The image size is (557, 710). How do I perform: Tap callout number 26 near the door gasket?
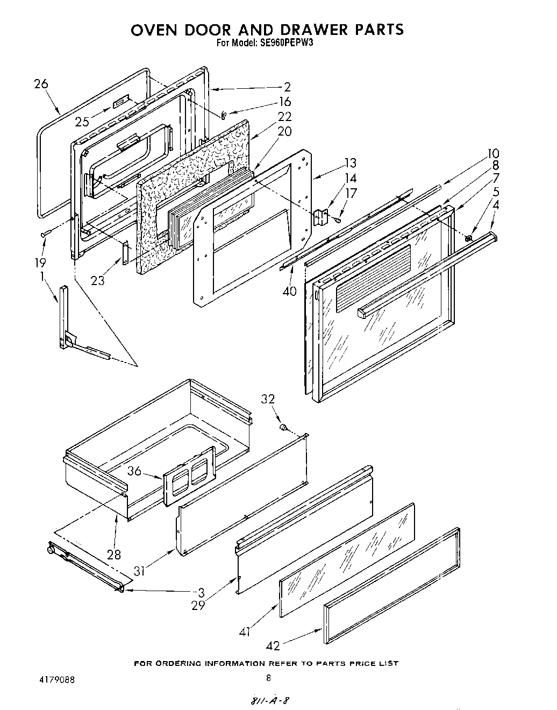pyautogui.click(x=40, y=84)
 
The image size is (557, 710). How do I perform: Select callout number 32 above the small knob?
pyautogui.click(x=268, y=399)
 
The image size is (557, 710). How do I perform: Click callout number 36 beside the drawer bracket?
pyautogui.click(x=134, y=471)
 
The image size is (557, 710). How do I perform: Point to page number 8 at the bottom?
pyautogui.click(x=268, y=678)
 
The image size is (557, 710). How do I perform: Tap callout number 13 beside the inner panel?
pyautogui.click(x=350, y=163)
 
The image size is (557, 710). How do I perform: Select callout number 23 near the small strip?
pyautogui.click(x=98, y=280)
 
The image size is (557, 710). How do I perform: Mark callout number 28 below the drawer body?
pyautogui.click(x=114, y=554)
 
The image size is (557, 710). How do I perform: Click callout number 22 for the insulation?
pyautogui.click(x=284, y=117)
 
